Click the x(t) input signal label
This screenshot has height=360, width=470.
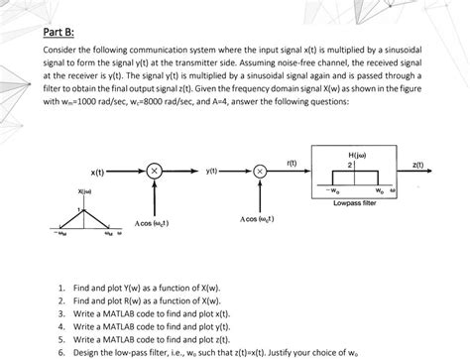pyautogui.click(x=99, y=171)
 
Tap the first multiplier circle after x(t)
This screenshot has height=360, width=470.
pyautogui.click(x=153, y=172)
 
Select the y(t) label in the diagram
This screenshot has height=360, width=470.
pyautogui.click(x=211, y=172)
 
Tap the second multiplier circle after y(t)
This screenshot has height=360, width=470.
pyautogui.click(x=261, y=172)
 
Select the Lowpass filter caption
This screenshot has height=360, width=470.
pyautogui.click(x=355, y=203)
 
